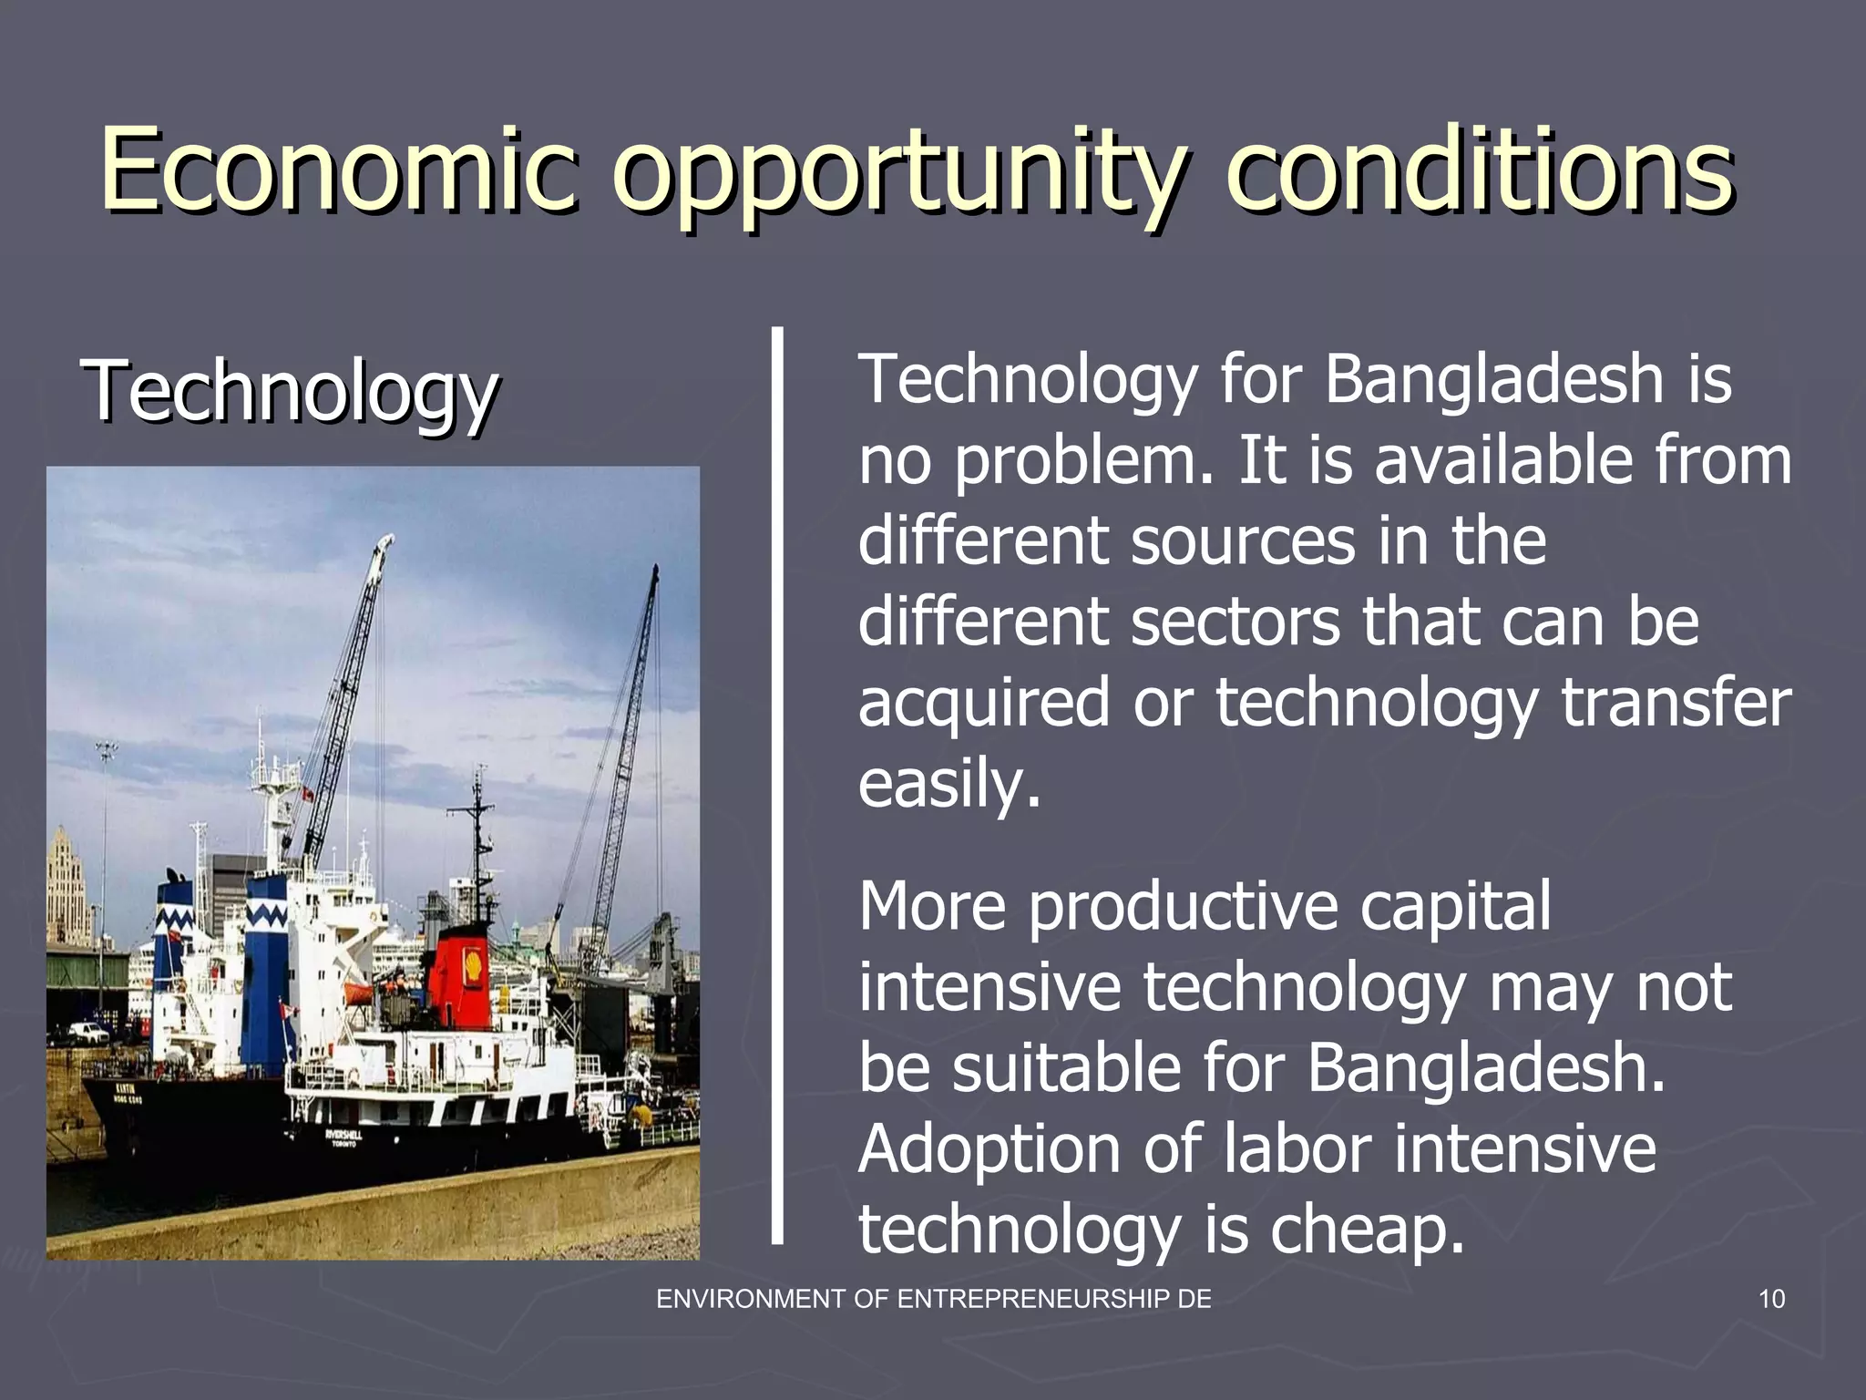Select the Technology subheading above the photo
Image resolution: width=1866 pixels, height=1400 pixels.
(x=290, y=392)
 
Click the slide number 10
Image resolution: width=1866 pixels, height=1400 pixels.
(x=1771, y=1299)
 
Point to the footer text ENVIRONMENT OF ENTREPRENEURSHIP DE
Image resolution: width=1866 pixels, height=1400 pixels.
(x=934, y=1299)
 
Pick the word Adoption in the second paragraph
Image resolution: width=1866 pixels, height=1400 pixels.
(x=989, y=1148)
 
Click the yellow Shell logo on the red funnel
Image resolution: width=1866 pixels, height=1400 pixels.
(x=473, y=963)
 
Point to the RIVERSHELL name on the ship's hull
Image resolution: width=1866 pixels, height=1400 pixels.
(x=343, y=1136)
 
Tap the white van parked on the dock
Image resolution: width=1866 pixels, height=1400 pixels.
(x=90, y=1032)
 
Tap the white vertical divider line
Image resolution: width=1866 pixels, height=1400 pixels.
(x=777, y=784)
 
